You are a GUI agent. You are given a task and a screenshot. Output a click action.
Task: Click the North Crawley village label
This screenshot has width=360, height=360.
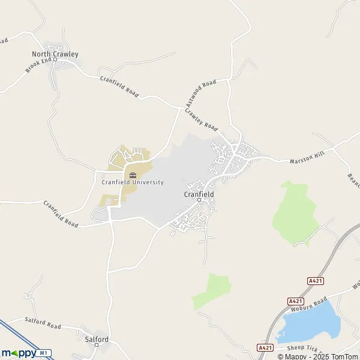pyautogui.click(x=55, y=54)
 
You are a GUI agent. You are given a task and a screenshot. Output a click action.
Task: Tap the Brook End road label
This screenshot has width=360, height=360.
pyautogui.click(x=35, y=65)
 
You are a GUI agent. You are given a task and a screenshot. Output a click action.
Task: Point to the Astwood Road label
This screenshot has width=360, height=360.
pyautogui.click(x=200, y=94)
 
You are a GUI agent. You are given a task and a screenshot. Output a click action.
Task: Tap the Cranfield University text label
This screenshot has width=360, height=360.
pyautogui.click(x=133, y=182)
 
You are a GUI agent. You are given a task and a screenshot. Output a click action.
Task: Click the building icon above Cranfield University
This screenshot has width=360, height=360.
pyautogui.click(x=133, y=175)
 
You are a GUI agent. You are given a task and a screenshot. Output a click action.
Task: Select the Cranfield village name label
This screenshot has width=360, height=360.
pyautogui.click(x=199, y=194)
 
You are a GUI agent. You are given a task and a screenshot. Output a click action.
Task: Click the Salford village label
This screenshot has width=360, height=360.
pyautogui.click(x=97, y=339)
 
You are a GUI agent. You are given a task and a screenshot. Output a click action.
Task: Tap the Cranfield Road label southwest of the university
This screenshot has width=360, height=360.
pyautogui.click(x=61, y=214)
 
